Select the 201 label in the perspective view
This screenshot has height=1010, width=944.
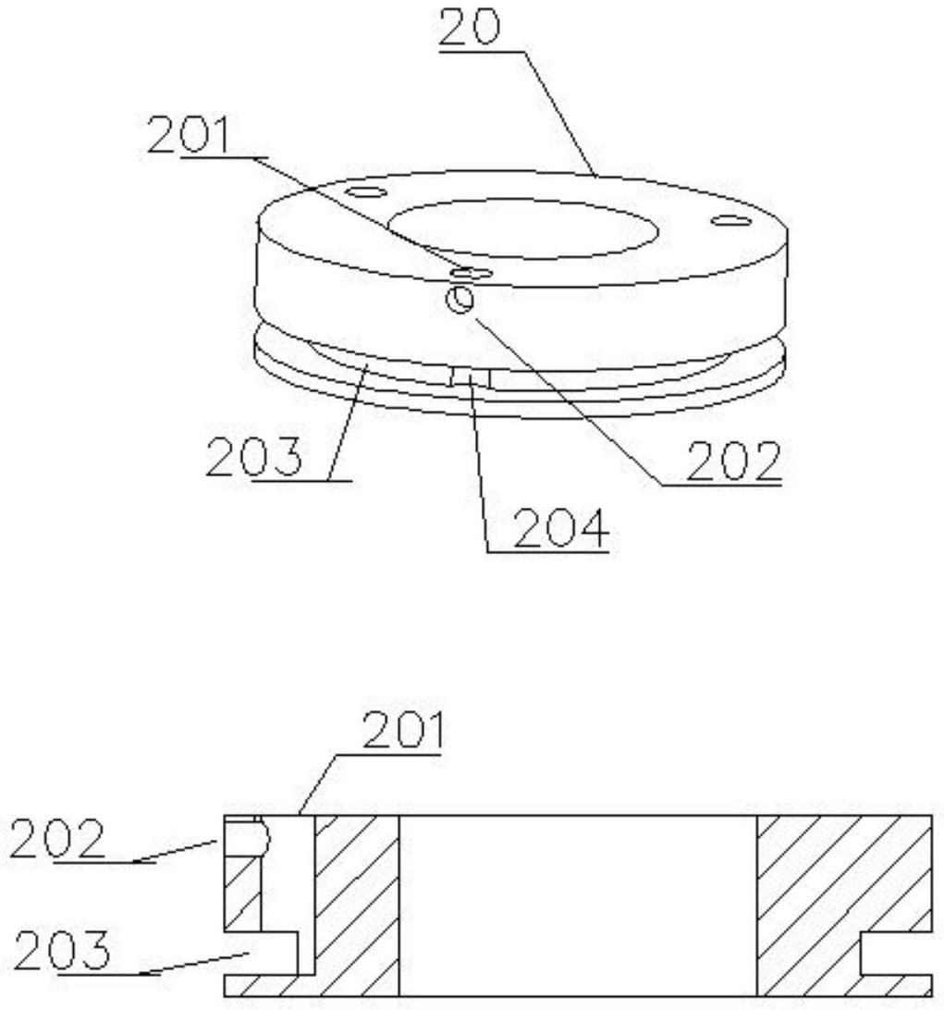(189, 134)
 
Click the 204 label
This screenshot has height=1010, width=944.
(561, 529)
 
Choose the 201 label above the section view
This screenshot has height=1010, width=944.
(403, 730)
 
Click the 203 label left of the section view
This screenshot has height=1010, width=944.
(62, 950)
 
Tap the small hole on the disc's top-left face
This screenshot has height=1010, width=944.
(366, 191)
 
